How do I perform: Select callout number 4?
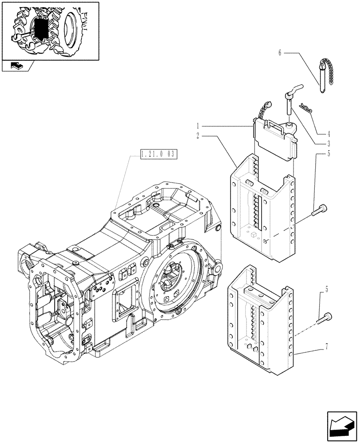329,133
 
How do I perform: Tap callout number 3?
329,143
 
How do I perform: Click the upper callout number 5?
329,154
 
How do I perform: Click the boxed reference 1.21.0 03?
158,155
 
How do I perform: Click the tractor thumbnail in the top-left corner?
50,30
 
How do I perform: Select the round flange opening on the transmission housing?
172,280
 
